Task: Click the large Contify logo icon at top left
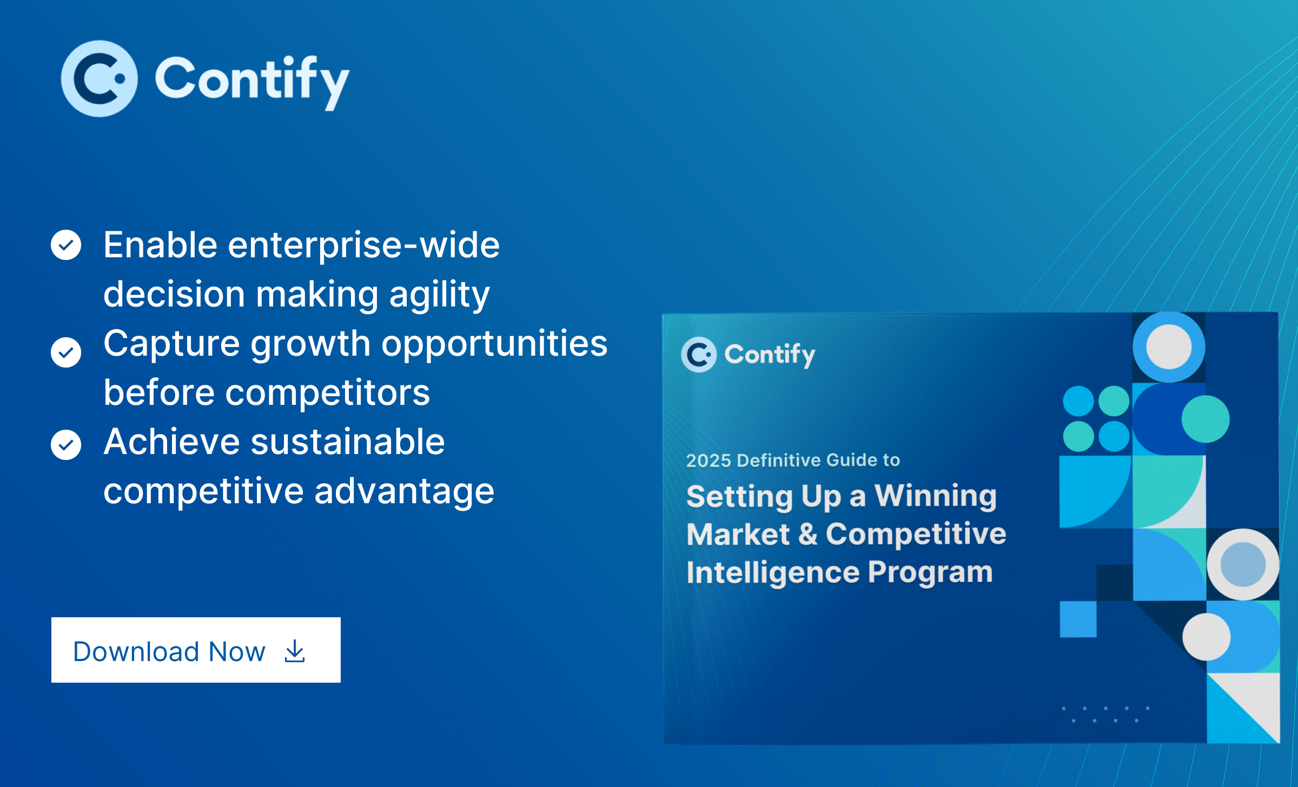click(99, 79)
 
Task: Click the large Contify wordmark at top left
click(253, 82)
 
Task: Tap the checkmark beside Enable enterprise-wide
click(66, 245)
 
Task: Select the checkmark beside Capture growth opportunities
click(66, 352)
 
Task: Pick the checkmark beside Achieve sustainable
click(66, 445)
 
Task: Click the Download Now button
click(196, 650)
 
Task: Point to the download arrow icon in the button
click(295, 651)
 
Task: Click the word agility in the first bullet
click(439, 296)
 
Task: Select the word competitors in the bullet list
click(327, 393)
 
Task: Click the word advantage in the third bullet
click(404, 492)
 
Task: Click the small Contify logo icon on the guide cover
click(699, 355)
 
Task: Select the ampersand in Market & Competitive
click(807, 533)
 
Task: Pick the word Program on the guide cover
click(930, 573)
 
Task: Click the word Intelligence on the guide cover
click(773, 573)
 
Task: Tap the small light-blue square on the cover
click(1078, 619)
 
